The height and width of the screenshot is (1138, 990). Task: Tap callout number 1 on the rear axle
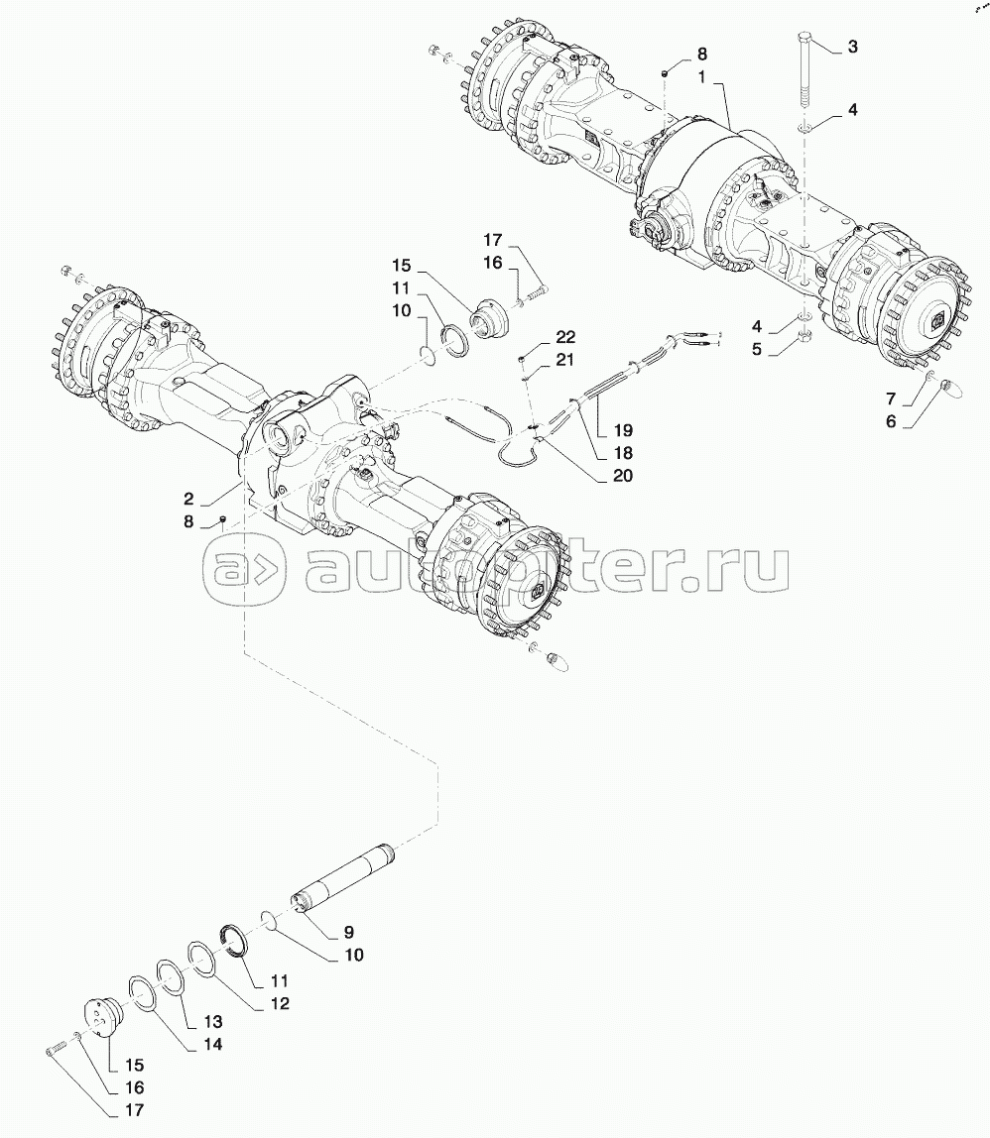[x=703, y=76]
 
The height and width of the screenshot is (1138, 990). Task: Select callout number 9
[x=349, y=933]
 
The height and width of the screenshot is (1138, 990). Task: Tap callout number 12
[x=280, y=1003]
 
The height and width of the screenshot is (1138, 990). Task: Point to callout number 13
[x=213, y=1022]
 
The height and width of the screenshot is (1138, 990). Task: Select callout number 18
[x=622, y=453]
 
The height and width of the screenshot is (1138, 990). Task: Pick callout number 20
[x=622, y=475]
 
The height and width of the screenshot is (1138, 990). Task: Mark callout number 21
[x=565, y=360]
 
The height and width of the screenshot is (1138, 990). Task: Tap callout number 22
[x=565, y=338]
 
